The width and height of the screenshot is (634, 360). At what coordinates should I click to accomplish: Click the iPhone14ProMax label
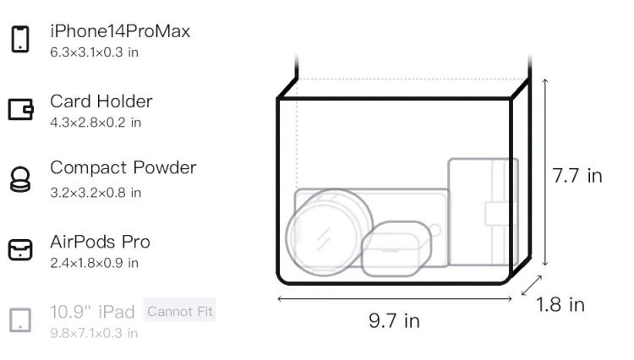(120, 31)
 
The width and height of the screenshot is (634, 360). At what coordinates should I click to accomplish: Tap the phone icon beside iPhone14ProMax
(20, 39)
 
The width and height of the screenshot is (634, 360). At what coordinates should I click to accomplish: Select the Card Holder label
(101, 101)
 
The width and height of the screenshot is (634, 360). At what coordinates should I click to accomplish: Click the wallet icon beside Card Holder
(20, 110)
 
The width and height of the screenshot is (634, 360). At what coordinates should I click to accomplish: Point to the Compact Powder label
(123, 167)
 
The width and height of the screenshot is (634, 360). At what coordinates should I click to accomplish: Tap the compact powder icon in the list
(20, 179)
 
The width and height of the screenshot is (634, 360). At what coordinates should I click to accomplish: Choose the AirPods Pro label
(101, 242)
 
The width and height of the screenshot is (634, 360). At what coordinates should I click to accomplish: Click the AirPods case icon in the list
(20, 249)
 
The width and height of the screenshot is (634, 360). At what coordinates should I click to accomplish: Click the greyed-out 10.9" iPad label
(92, 312)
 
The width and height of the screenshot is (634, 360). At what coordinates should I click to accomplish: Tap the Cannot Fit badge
(180, 312)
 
